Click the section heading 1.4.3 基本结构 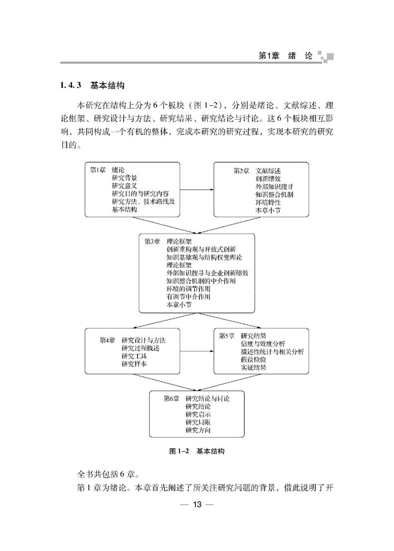92,85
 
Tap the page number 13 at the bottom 197,505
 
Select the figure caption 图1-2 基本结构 197,451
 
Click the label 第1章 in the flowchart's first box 98,170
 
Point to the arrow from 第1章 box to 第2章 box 197,190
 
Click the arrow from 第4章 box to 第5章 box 197,351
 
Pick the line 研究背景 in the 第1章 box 124,178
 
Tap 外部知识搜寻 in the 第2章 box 274,187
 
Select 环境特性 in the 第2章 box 268,203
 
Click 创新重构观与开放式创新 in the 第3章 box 201,250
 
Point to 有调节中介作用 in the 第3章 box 188,296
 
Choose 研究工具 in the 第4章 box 134,356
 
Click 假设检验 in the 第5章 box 253,359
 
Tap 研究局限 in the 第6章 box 198,422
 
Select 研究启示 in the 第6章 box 198,414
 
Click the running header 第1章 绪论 285,56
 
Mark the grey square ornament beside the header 326,56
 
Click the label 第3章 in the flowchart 152,242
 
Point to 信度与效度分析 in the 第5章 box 263,344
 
